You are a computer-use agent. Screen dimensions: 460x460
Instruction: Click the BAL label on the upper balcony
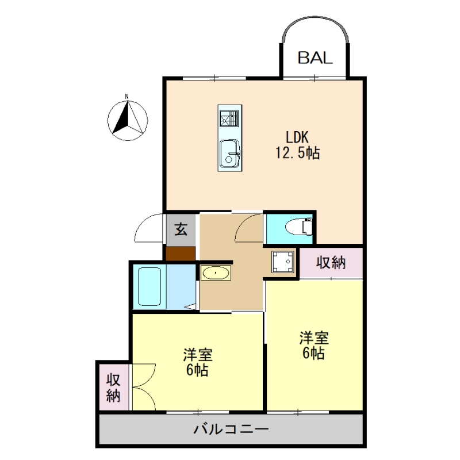[x=315, y=57]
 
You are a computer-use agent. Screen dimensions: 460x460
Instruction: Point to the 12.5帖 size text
[x=297, y=154]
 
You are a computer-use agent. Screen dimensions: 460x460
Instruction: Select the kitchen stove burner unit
[x=229, y=118]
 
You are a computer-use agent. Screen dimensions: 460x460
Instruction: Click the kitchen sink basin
[x=229, y=154]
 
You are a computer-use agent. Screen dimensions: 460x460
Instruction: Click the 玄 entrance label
[x=181, y=229]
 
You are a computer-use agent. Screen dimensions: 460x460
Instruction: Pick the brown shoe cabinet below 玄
[x=181, y=254]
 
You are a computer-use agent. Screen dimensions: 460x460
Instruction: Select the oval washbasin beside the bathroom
[x=216, y=273]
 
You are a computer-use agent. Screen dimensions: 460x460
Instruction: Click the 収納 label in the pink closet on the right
[x=331, y=263]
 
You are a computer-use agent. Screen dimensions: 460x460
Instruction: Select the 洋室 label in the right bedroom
[x=313, y=338]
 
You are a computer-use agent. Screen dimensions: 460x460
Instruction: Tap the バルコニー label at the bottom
[x=231, y=429]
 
